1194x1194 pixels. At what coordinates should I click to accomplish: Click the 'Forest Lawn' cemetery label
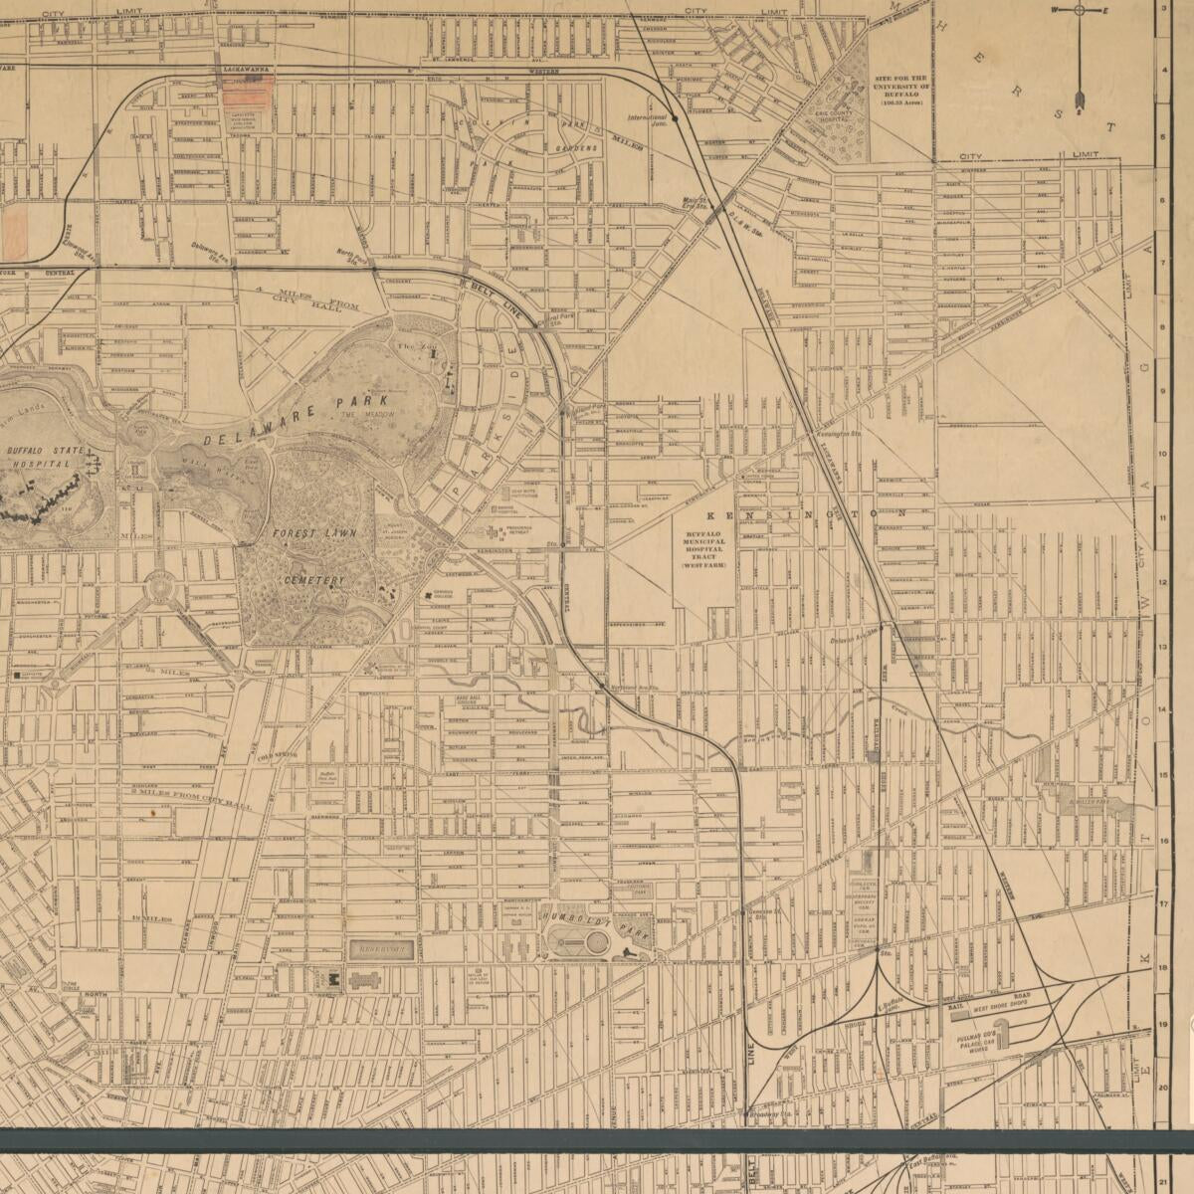tap(308, 532)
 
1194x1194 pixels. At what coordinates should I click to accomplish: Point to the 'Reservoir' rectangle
tap(381, 949)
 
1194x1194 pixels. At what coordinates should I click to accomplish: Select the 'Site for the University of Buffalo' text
tap(900, 89)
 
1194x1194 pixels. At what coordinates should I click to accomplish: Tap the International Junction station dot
tap(676, 118)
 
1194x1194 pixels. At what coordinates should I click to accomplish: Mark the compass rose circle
tap(1079, 10)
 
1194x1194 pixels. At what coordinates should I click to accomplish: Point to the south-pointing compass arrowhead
tap(1079, 100)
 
